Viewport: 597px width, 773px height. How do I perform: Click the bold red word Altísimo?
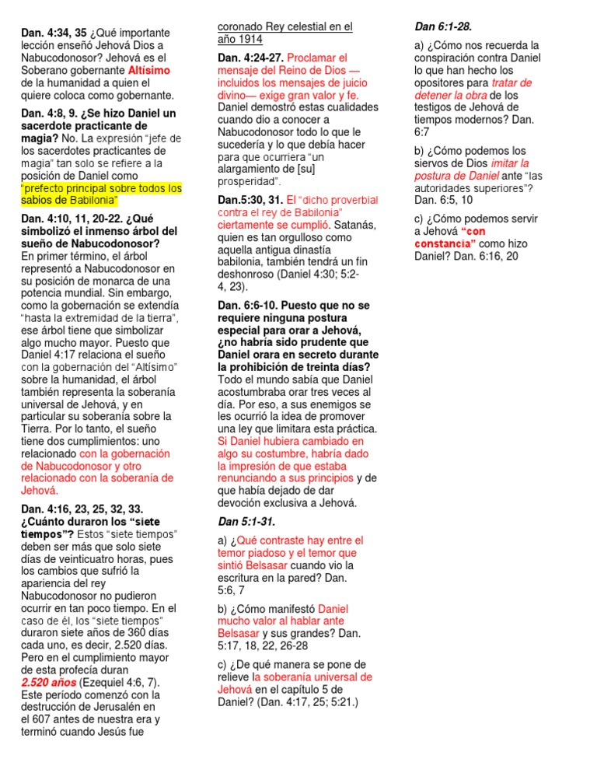[x=148, y=71]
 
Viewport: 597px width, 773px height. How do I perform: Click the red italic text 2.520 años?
[x=49, y=682]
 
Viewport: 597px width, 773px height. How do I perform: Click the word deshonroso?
[x=251, y=275]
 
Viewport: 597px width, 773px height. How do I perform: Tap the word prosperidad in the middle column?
[x=246, y=181]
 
